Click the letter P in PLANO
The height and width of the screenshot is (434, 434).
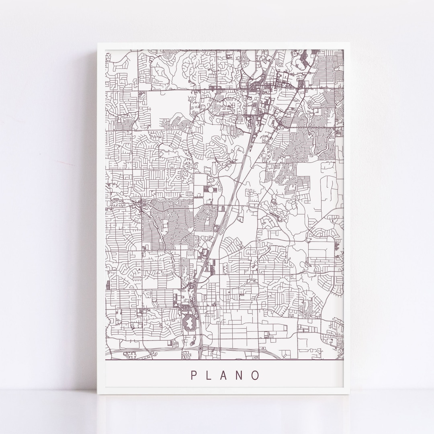point(194,375)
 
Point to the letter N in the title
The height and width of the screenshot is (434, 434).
point(240,375)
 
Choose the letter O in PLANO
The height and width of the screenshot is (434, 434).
point(255,375)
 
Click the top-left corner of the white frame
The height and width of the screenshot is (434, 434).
point(98,44)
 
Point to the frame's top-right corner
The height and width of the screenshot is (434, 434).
point(350,44)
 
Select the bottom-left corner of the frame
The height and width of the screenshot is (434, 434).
point(98,394)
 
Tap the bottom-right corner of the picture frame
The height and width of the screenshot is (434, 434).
point(350,394)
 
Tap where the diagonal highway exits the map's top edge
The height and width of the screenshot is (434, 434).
point(276,51)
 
